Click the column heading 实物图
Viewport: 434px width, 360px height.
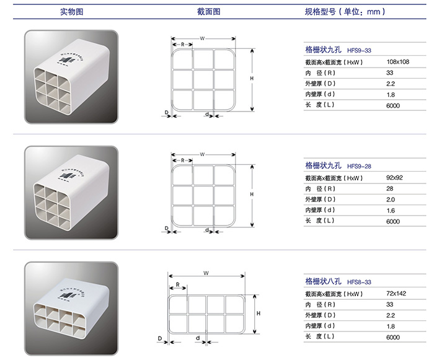coord(71,12)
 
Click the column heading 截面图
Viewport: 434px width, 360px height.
coord(208,12)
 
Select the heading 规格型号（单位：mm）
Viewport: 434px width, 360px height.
coord(345,12)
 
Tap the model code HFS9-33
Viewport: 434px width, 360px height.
coord(359,51)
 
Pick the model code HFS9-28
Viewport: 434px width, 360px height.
coord(359,166)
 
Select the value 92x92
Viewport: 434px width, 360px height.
coord(394,177)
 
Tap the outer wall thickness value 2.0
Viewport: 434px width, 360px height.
coord(390,200)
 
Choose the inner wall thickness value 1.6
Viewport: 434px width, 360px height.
coord(390,210)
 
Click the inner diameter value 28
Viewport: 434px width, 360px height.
coord(389,188)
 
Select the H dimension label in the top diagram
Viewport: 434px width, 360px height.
coord(252,79)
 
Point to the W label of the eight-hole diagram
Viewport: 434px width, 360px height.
coord(205,272)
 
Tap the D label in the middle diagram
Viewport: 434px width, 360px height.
coord(166,228)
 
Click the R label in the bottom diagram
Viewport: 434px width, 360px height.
coord(177,285)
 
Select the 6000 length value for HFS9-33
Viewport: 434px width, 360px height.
coord(392,106)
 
